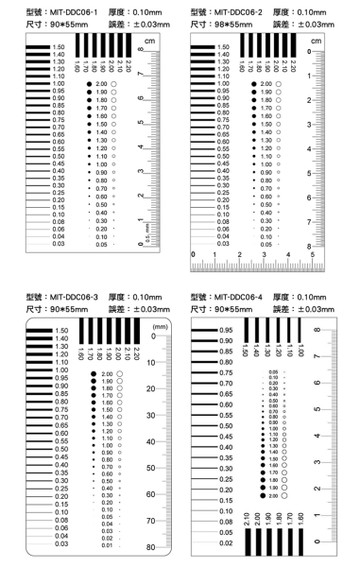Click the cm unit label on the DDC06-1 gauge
tap(149, 39)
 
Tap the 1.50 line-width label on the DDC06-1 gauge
tap(60, 47)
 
